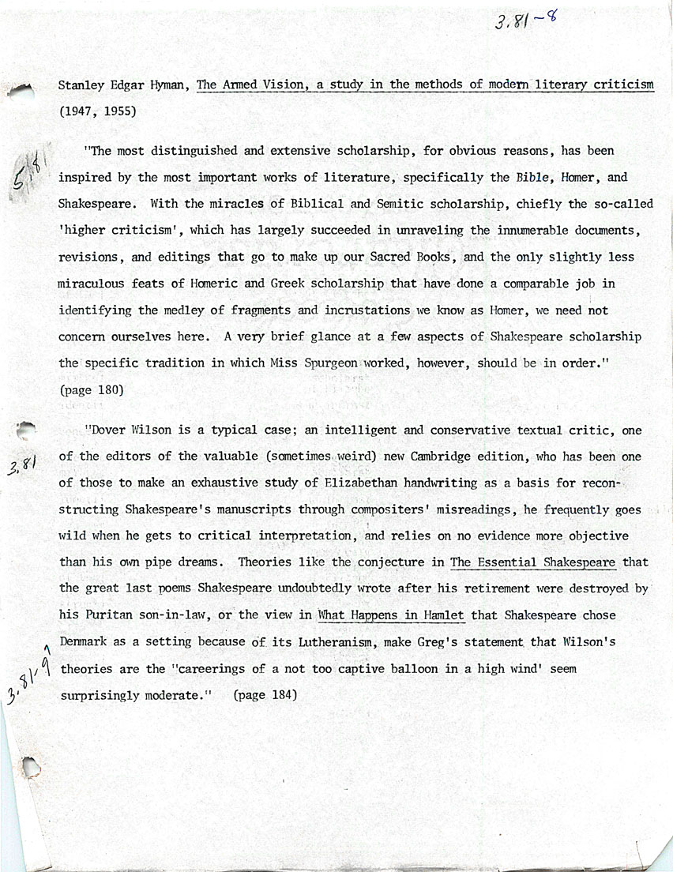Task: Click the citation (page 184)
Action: click(265, 696)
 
